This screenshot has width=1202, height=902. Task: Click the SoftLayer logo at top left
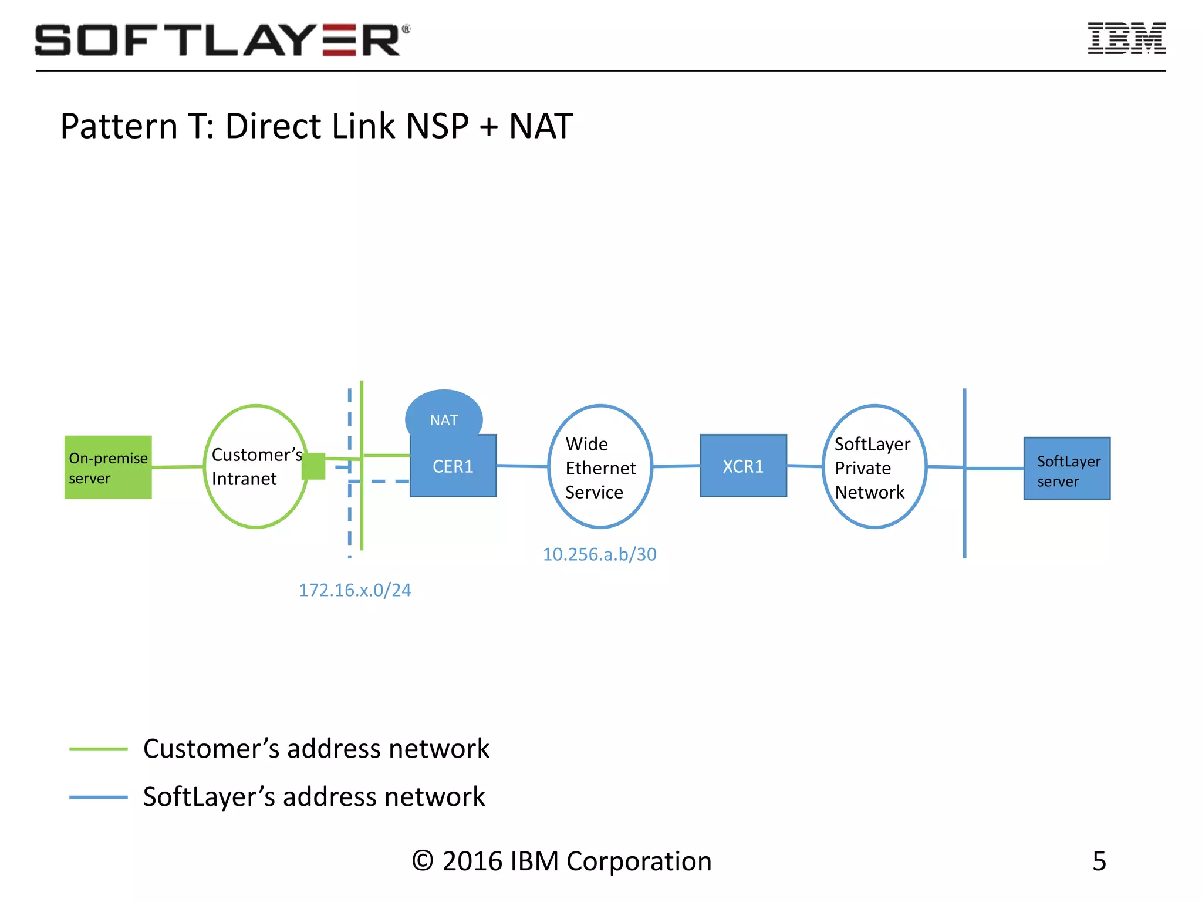coord(222,40)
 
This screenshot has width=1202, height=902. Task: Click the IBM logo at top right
coord(1126,39)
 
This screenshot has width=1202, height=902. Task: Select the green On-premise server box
coord(108,467)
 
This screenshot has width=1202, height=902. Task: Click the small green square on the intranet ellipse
coord(313,466)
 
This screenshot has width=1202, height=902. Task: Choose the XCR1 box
coord(743,466)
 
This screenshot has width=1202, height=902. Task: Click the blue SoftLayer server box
coord(1067,469)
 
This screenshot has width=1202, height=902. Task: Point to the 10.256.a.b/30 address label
coord(599,554)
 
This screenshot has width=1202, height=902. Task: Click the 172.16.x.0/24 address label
coord(355,590)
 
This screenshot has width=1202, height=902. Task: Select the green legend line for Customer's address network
coord(99,749)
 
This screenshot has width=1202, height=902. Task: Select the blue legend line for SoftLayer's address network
coord(99,797)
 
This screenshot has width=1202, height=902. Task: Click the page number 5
coord(1099,861)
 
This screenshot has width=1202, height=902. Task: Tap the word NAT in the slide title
coord(541,126)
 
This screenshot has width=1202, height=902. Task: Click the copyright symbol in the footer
coord(423,861)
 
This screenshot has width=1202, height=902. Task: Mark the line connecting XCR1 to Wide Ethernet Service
coord(676,466)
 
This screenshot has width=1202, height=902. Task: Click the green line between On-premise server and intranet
coord(178,467)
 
